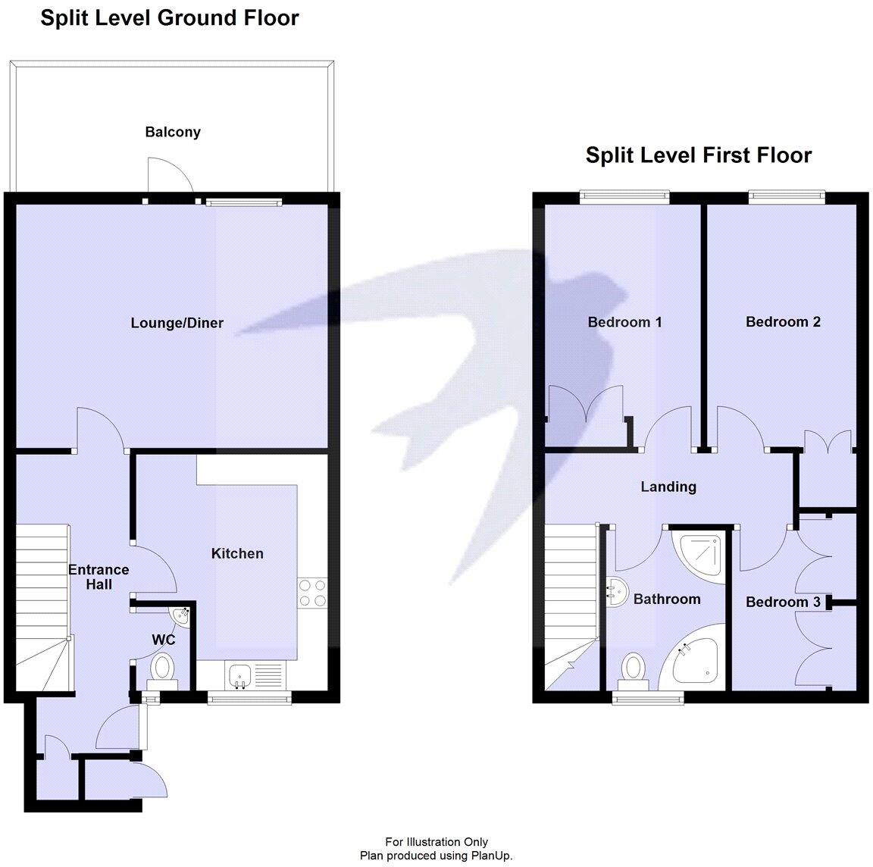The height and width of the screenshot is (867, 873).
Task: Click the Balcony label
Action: (173, 132)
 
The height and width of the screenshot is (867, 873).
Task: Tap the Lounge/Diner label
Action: (177, 324)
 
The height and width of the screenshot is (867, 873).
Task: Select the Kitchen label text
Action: (237, 554)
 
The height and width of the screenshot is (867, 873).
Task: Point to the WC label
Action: (164, 640)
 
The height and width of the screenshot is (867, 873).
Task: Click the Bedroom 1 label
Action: (624, 322)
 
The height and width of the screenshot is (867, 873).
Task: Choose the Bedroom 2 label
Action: (783, 322)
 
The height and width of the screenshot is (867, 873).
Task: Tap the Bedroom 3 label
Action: (783, 603)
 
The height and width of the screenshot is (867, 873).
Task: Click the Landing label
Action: (668, 487)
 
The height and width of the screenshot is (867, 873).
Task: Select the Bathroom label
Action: (666, 599)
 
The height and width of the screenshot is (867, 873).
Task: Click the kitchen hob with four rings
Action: (312, 593)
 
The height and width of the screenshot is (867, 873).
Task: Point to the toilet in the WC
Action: (161, 671)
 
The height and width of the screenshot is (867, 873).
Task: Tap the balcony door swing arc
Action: (168, 173)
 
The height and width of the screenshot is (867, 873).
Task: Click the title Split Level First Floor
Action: (698, 156)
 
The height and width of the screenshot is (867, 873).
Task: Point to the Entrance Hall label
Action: (99, 577)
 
